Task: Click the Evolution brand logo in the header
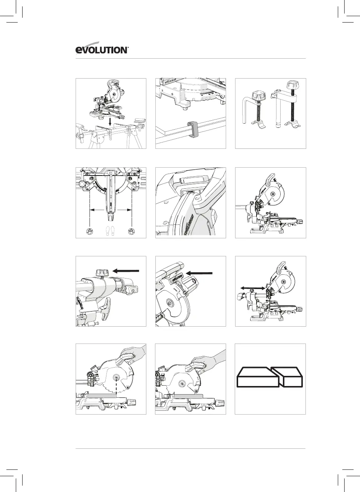point(102,50)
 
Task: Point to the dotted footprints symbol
point(111,230)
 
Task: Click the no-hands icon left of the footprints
point(90,231)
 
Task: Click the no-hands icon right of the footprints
point(132,231)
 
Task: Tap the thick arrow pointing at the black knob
point(126,270)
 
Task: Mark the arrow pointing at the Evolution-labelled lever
point(199,273)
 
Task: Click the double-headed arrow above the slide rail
point(252,288)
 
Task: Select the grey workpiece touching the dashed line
point(101,395)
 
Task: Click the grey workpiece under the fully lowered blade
point(188,396)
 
